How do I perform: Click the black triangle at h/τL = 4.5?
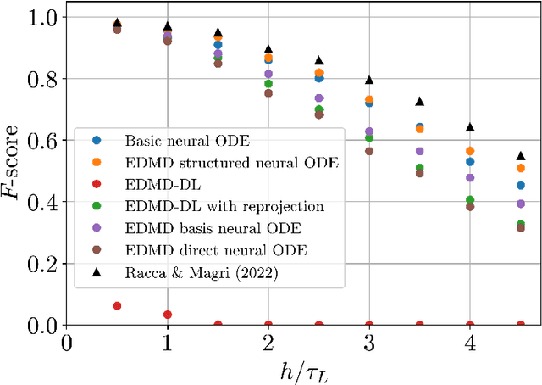pyautogui.click(x=521, y=156)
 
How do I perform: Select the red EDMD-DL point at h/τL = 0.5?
pyautogui.click(x=117, y=305)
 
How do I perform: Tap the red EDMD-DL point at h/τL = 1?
pyautogui.click(x=168, y=315)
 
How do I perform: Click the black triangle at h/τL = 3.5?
pyautogui.click(x=420, y=102)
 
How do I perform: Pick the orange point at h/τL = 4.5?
pyautogui.click(x=521, y=168)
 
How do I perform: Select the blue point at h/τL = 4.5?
pyautogui.click(x=521, y=185)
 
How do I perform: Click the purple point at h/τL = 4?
pyautogui.click(x=470, y=177)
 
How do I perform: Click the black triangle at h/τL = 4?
pyautogui.click(x=470, y=127)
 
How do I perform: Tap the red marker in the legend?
pyautogui.click(x=96, y=185)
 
